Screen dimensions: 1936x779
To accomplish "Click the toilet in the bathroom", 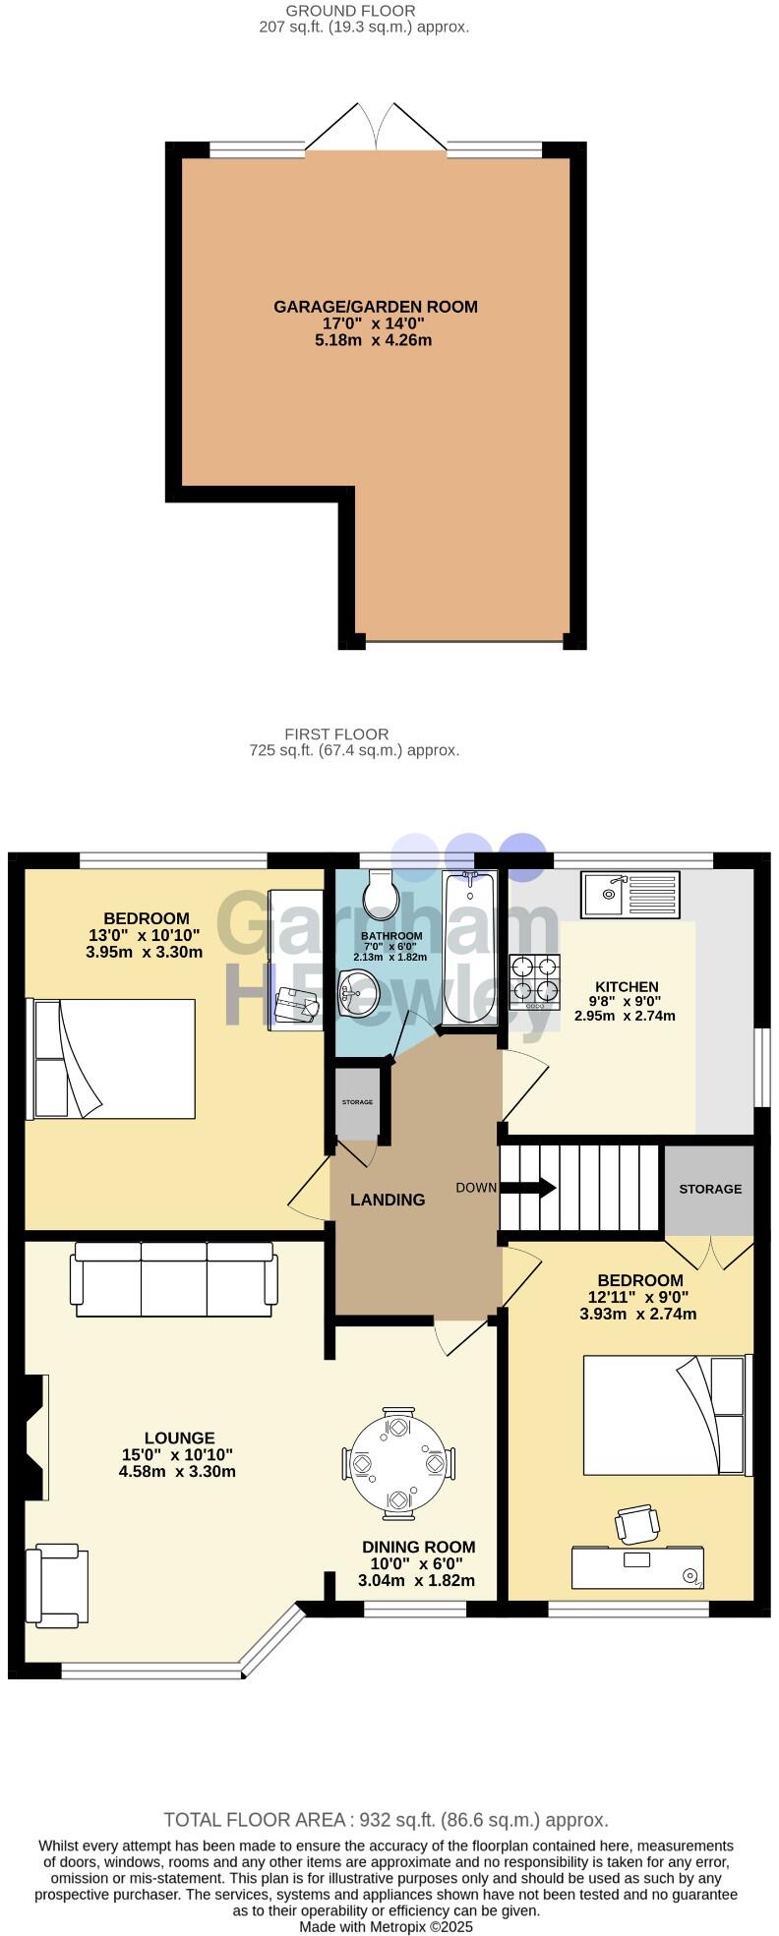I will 379,892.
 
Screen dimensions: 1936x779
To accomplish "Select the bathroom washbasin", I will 355,994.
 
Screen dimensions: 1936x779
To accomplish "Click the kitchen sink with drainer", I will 629,894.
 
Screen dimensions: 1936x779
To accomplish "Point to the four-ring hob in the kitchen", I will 534,981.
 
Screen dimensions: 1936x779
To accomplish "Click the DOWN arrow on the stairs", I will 529,1188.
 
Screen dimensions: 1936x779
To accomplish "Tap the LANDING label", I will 388,1200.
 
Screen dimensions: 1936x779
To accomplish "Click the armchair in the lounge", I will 58,1584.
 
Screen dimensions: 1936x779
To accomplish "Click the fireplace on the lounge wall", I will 35,1437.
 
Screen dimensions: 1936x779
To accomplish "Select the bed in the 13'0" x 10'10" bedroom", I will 114,1059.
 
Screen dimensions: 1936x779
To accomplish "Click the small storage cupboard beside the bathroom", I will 357,1103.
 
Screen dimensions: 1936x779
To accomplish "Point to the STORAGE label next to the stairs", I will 710,1189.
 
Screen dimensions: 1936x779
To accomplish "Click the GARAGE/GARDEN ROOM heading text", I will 376,307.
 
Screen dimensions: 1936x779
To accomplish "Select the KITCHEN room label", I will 627,986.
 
